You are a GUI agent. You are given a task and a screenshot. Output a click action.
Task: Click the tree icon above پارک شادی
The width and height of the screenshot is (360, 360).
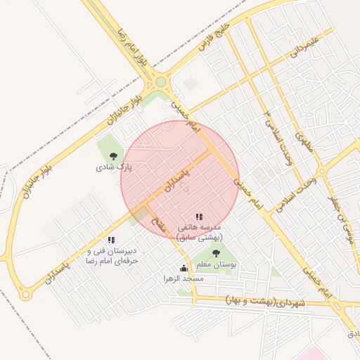114,156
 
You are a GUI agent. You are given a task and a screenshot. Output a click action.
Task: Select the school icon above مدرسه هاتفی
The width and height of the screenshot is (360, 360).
200,217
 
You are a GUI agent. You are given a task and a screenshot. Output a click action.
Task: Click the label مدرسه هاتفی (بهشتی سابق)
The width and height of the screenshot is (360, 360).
200,233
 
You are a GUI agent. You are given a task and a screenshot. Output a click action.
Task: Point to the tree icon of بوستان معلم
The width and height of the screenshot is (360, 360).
216,253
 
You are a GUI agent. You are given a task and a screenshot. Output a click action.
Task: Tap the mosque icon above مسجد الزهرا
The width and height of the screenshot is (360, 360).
184,268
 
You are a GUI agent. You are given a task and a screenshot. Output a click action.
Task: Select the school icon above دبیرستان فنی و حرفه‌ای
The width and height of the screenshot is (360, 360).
111,240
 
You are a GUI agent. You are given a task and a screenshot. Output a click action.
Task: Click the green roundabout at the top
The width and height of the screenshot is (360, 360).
161,82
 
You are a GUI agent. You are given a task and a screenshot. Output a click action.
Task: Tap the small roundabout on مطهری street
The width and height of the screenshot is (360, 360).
321,171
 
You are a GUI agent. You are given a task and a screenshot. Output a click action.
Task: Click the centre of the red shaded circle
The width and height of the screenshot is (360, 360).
180,179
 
